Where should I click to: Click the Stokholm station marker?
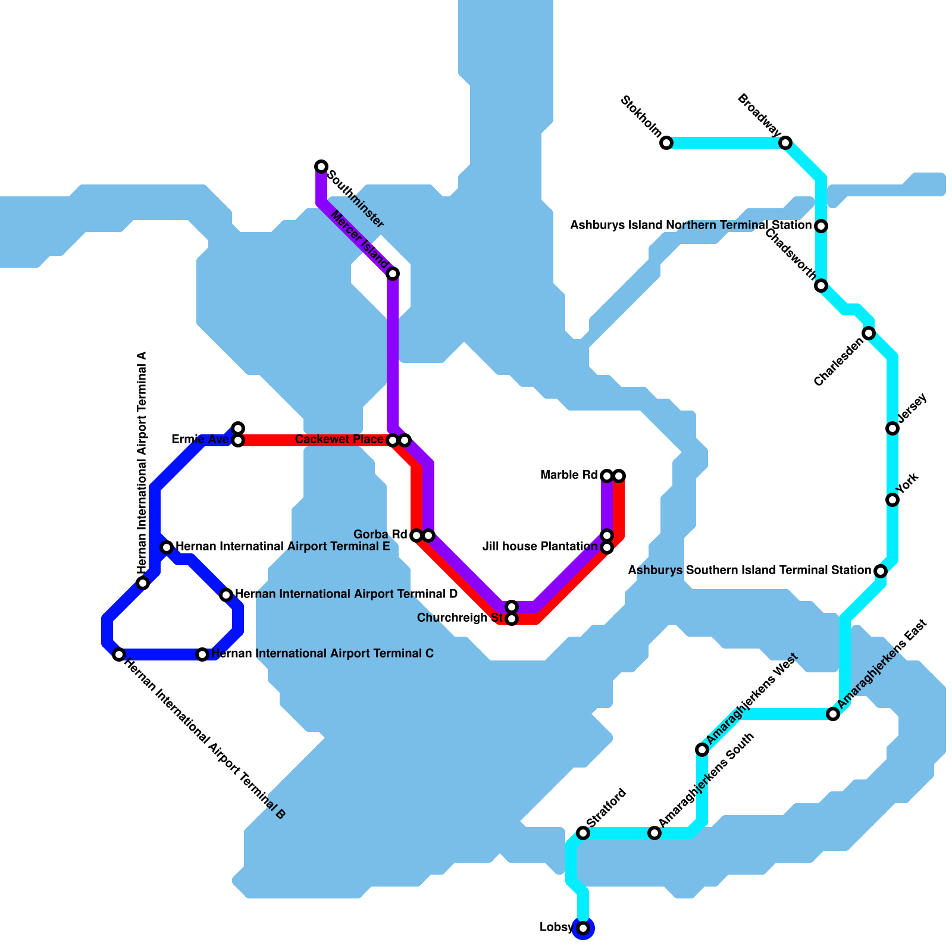click(666, 143)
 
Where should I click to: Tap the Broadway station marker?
click(785, 143)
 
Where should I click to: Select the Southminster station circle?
click(321, 166)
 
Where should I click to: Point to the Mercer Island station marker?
click(393, 274)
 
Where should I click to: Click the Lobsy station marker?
click(583, 928)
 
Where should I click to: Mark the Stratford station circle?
click(583, 833)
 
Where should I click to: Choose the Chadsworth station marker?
click(821, 286)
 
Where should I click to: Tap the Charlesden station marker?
click(869, 333)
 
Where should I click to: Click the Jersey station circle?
click(892, 428)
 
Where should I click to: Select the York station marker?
click(892, 500)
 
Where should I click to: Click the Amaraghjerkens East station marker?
click(833, 714)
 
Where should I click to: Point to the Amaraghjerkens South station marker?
click(654, 833)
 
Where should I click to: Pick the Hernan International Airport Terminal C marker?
click(202, 654)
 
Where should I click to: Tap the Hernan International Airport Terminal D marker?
click(226, 595)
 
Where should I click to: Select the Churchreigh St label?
click(460, 618)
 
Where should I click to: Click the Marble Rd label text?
click(568, 475)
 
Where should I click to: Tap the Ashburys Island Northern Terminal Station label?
click(691, 226)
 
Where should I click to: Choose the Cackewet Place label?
click(339, 440)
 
